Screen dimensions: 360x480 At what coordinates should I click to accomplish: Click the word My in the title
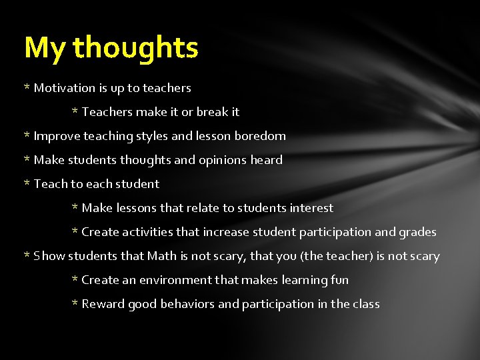[45, 48]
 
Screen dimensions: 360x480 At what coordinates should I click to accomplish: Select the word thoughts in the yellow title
[135, 48]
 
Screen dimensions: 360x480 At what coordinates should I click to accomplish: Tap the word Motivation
[64, 88]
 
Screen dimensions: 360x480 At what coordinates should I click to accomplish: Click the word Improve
[55, 136]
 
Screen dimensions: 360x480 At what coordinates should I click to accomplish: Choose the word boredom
[260, 136]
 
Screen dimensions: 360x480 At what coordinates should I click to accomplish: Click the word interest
[312, 208]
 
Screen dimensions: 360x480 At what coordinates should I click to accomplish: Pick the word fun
[340, 280]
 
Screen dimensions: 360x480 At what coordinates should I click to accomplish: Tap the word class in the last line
[366, 304]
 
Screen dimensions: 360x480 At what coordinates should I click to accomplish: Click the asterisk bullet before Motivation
[27, 87]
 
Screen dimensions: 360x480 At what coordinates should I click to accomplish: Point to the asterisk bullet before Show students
[27, 255]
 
